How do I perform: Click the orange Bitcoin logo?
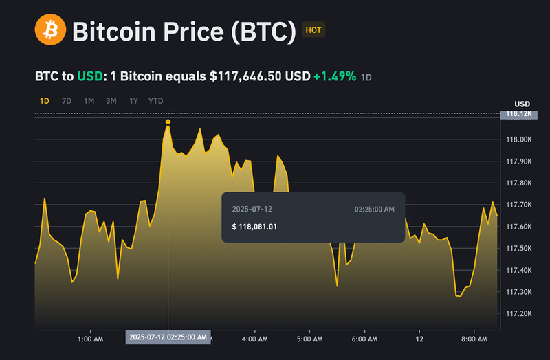pos(50,30)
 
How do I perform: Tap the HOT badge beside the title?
pos(312,30)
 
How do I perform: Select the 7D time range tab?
pos(67,101)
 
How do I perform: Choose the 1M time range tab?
pos(89,101)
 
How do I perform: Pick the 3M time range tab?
pos(111,101)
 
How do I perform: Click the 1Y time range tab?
pos(133,101)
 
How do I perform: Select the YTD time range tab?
pos(156,101)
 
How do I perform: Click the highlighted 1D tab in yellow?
pos(44,101)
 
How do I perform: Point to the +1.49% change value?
pos(335,76)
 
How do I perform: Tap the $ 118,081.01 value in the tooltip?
pos(254,226)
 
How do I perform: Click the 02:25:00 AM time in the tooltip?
pos(374,209)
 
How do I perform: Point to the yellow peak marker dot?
pos(168,122)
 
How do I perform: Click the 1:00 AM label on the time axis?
pos(91,339)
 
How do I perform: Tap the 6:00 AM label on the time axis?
pos(364,339)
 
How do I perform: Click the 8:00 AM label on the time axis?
pos(474,339)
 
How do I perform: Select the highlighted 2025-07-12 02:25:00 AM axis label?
pos(168,337)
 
